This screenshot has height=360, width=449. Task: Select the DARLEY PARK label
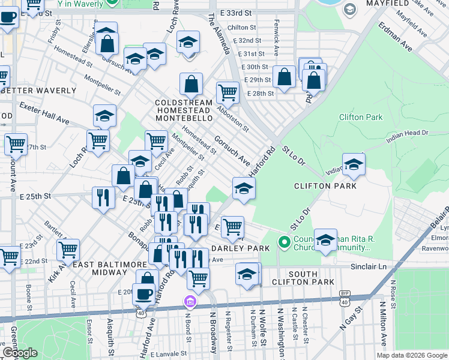coord(240,248)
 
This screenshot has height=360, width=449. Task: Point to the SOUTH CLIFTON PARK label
coord(311,277)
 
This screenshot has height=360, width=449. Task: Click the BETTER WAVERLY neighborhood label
coord(38,91)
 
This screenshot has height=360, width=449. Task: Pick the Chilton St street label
coord(242,28)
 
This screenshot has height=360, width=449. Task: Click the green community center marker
coord(285,243)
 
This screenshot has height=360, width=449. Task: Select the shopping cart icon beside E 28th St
coord(228,92)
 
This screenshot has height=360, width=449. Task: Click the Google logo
coord(20,353)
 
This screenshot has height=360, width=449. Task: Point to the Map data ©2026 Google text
coord(411,355)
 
